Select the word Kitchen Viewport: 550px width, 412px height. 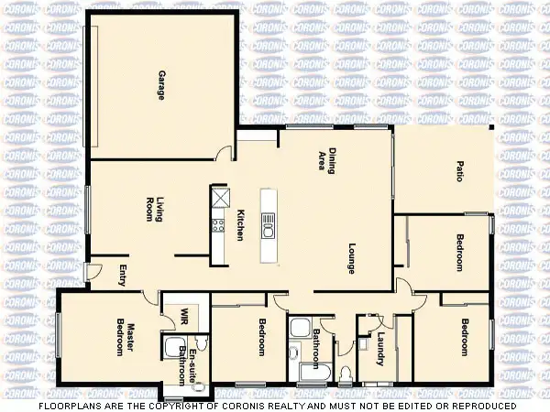[240, 225]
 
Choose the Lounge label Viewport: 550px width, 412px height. [351, 258]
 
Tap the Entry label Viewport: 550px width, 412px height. [124, 275]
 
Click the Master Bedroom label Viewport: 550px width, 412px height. [125, 340]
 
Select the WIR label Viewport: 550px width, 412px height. [184, 314]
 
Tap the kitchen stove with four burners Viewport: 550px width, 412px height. [219, 223]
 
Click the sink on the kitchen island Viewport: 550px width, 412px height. [267, 223]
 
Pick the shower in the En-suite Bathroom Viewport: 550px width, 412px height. [171, 349]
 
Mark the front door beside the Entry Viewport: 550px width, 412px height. [93, 272]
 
